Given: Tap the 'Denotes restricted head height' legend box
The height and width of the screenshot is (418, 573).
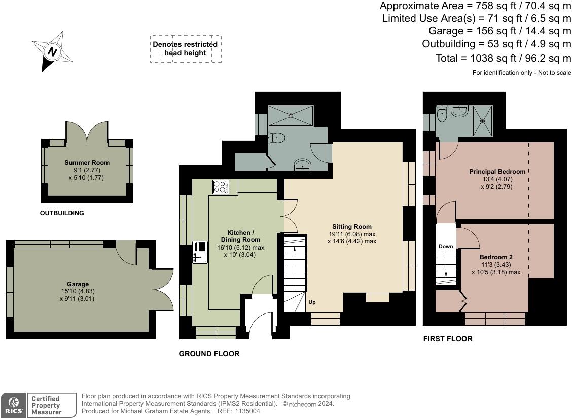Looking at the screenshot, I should (185, 49).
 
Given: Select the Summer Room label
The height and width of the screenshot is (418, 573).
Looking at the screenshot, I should (87, 166).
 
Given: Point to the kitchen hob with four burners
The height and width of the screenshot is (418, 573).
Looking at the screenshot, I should (221, 187).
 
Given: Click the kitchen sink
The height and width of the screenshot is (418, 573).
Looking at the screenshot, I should (200, 252).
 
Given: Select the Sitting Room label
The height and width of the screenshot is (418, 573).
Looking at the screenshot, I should (351, 234).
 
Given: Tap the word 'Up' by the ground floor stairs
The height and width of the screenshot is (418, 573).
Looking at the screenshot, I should (312, 302).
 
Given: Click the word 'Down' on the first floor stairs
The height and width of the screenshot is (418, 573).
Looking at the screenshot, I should (446, 247).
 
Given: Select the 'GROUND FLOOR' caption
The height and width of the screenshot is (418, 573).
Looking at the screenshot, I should (209, 354).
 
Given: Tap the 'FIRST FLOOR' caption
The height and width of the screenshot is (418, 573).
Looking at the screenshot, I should (448, 339).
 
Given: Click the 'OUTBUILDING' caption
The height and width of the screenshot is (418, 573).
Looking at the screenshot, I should (62, 213).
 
